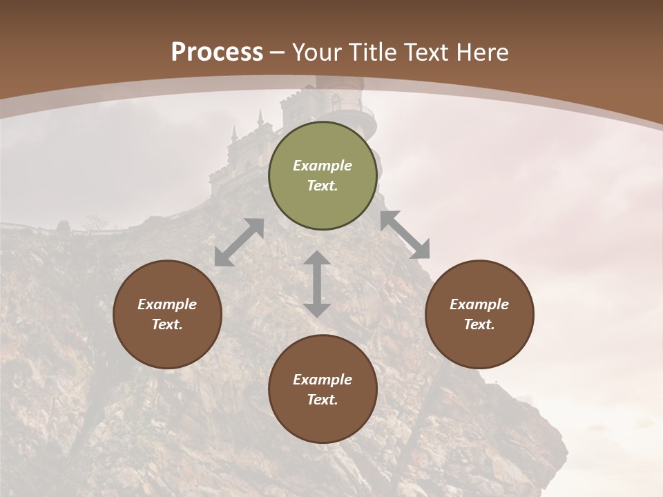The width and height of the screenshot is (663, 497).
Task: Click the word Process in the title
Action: coord(217,52)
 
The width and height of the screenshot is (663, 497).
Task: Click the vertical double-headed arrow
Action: coord(317,284)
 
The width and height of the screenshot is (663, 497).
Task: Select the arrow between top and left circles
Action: coord(239,242)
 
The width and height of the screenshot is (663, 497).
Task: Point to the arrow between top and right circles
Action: coord(405,235)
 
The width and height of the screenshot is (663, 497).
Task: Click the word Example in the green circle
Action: coord(323,166)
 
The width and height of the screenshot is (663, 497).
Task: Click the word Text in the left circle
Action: coord(167,324)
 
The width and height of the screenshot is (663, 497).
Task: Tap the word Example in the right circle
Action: coord(479,304)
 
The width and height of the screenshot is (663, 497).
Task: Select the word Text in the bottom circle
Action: coord(323,400)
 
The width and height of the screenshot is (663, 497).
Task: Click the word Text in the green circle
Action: coord(323,186)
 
